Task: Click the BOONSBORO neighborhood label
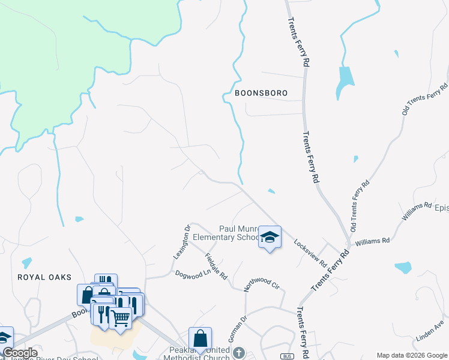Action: (261, 94)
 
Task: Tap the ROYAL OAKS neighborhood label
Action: (44, 277)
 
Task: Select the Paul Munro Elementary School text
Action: (238, 233)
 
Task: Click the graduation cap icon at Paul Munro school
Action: (270, 238)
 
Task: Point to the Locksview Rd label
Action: (310, 254)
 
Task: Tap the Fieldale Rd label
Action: (215, 267)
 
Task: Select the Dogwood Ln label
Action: (190, 274)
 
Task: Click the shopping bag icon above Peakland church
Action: (200, 338)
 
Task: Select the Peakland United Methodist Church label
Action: (197, 354)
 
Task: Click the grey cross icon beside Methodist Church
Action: (239, 352)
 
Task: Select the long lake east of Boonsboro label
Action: (345, 81)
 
